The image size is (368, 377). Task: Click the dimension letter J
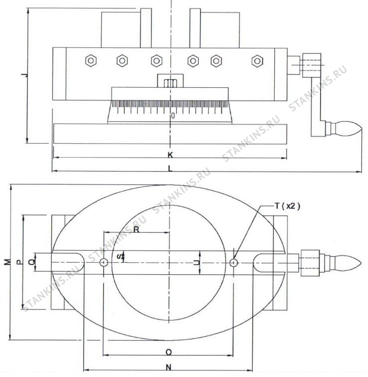24,75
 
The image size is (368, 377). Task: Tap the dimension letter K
170,155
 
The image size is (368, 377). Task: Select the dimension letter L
170,169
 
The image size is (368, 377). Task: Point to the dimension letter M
8,262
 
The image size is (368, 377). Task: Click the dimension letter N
169,367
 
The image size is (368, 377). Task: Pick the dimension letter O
169,352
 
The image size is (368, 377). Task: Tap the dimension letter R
136,229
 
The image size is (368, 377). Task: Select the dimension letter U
197,262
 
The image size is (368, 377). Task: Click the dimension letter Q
31,262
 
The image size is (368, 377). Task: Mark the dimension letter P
19,262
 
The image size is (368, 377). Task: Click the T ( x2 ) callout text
288,206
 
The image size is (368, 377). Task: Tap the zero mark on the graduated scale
173,116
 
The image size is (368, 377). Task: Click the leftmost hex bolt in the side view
91,61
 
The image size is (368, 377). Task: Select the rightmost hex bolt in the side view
257,61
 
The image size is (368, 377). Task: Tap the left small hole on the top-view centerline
104,262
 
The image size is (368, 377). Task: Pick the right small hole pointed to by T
233,262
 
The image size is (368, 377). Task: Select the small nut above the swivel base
170,83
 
